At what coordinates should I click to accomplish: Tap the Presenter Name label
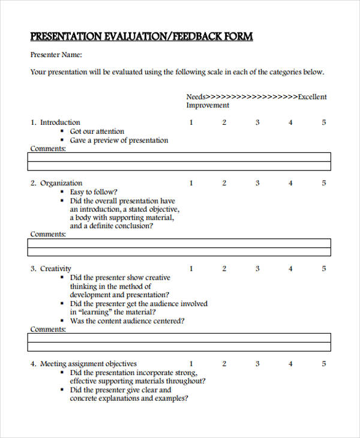[56, 55]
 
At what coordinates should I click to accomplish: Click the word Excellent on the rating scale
[312, 96]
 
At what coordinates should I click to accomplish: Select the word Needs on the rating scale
[196, 96]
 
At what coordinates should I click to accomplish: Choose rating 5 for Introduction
[324, 122]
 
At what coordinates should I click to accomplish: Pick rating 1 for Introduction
[191, 122]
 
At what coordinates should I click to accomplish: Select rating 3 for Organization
[257, 183]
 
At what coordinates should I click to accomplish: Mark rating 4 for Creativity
[290, 269]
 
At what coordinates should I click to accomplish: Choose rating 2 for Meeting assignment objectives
[224, 364]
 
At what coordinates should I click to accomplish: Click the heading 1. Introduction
[55, 122]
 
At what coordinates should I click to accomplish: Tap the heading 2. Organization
[56, 183]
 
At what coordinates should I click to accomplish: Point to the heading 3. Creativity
[51, 269]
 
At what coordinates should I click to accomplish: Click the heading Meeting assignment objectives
[88, 364]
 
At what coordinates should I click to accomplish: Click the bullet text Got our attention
[97, 131]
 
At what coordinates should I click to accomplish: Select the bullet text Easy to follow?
[94, 192]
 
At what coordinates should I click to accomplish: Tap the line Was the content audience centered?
[127, 321]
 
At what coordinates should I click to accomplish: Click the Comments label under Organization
[48, 234]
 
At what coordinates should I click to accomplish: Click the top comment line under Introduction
[179, 158]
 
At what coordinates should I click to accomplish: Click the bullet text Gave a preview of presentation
[119, 140]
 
